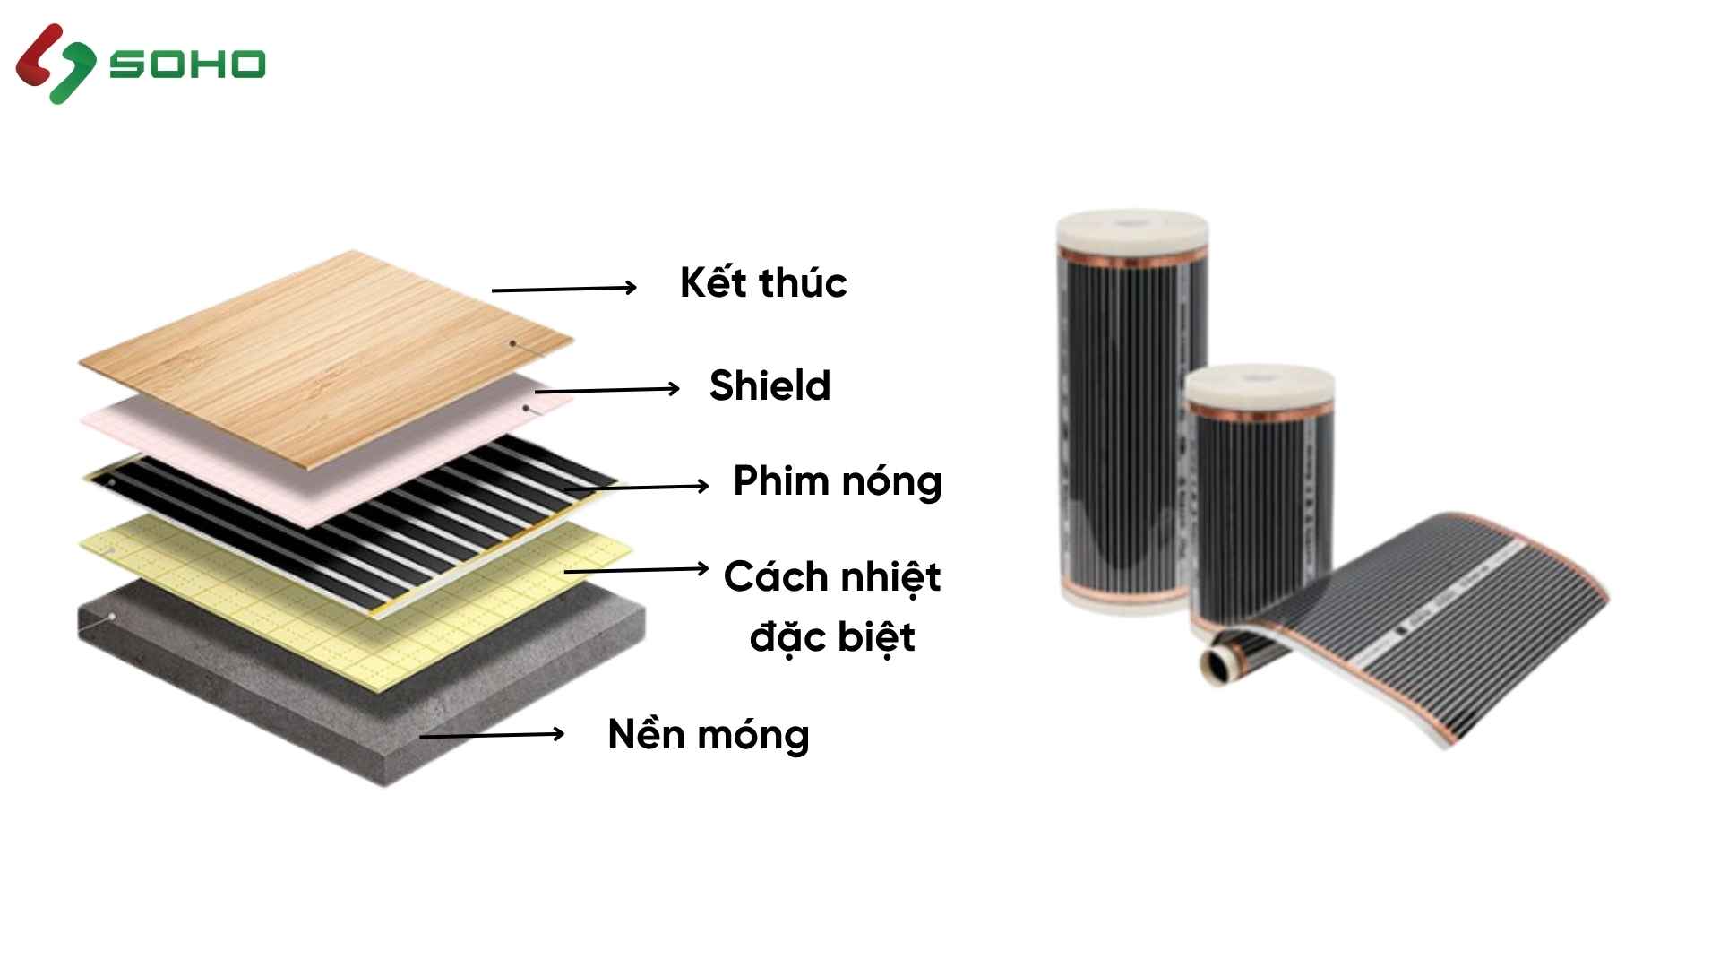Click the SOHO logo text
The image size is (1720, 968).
(x=187, y=65)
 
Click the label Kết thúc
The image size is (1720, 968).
(x=763, y=283)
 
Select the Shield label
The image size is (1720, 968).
(x=770, y=386)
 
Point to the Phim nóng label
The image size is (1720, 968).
(x=837, y=482)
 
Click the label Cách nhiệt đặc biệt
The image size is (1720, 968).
(x=832, y=607)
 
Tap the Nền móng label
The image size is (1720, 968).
(x=709, y=735)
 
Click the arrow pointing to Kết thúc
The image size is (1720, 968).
(x=564, y=289)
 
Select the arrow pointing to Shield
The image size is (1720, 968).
(x=607, y=390)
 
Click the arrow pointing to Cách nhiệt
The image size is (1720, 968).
(x=636, y=569)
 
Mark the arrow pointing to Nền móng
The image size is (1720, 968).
(x=492, y=736)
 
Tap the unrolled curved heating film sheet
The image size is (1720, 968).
(x=1433, y=627)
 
